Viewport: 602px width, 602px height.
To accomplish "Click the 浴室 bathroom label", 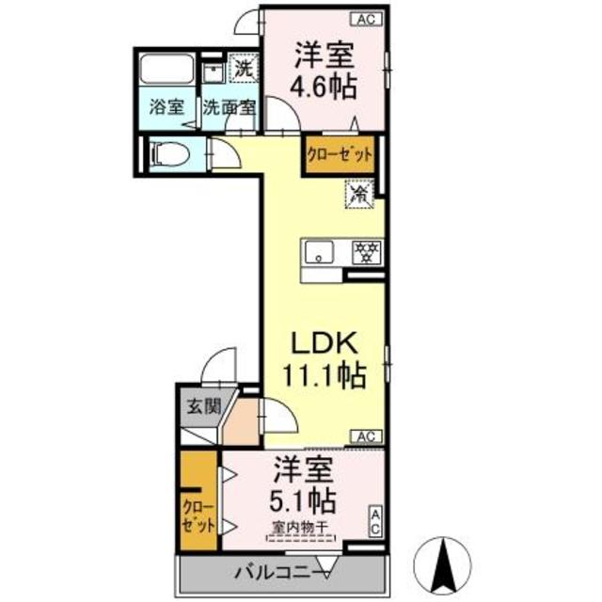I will click(165, 106).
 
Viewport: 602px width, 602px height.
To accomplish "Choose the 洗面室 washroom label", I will click(229, 106).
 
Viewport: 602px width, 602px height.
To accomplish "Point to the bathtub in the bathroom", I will click(166, 71).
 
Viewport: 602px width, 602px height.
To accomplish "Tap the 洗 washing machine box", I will click(243, 69).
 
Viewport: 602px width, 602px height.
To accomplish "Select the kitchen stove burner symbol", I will click(365, 251).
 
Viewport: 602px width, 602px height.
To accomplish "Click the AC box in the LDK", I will click(368, 436).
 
